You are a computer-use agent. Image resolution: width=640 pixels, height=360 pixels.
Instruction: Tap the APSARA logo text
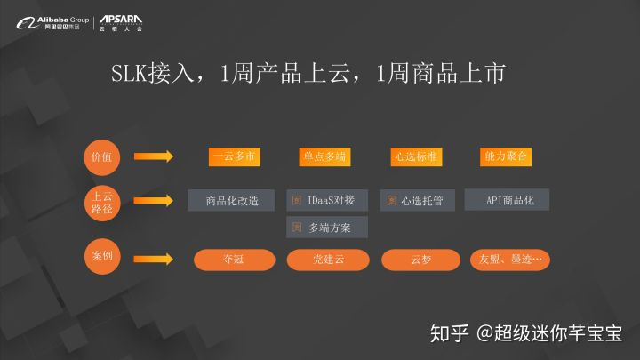[121, 19]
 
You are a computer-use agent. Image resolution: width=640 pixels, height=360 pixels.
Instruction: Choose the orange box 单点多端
[324, 156]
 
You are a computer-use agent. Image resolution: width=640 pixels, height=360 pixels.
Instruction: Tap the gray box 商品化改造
[232, 200]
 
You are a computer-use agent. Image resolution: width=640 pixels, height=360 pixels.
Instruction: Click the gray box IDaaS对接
[326, 200]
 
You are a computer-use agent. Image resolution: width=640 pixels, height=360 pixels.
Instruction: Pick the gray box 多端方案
[326, 228]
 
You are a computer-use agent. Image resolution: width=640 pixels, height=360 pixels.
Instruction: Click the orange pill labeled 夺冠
[232, 260]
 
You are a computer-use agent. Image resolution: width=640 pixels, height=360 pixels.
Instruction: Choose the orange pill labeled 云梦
[420, 260]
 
